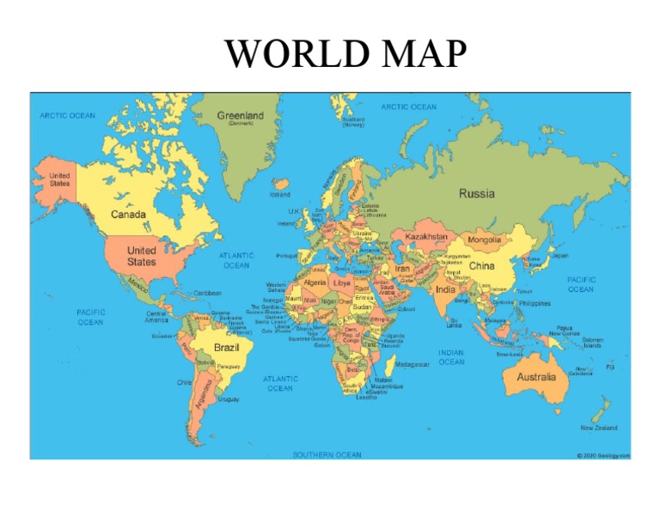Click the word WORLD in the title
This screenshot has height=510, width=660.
pyautogui.click(x=280, y=56)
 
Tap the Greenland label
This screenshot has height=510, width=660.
pyautogui.click(x=241, y=115)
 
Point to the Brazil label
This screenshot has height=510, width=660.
pyautogui.click(x=226, y=347)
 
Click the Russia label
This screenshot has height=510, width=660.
pyautogui.click(x=476, y=193)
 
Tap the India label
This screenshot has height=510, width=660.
pyautogui.click(x=446, y=289)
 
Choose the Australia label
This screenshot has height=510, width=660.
pyautogui.click(x=535, y=377)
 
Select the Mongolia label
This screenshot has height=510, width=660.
pyautogui.click(x=484, y=240)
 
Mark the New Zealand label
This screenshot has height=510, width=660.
pyautogui.click(x=599, y=427)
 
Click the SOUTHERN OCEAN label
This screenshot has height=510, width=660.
pyautogui.click(x=327, y=454)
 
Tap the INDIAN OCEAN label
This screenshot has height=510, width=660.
pyautogui.click(x=451, y=357)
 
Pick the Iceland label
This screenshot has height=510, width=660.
pyautogui.click(x=280, y=194)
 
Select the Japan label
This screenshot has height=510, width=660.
pyautogui.click(x=559, y=255)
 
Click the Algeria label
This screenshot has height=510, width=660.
pyautogui.click(x=315, y=282)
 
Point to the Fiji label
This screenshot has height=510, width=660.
pyautogui.click(x=610, y=367)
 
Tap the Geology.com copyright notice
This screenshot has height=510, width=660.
pyautogui.click(x=603, y=456)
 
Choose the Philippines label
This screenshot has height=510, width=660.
pyautogui.click(x=535, y=303)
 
